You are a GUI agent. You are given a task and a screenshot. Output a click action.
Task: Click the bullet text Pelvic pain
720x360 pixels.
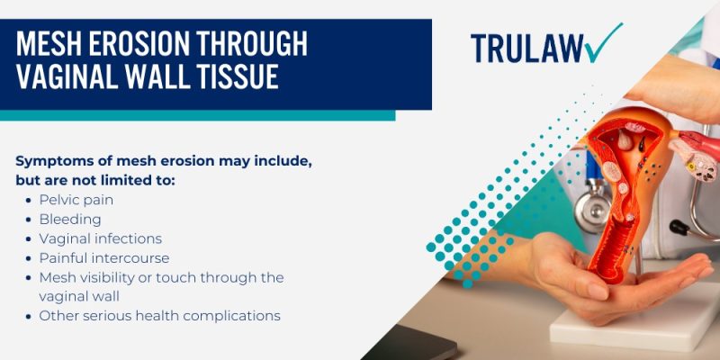point(76,199)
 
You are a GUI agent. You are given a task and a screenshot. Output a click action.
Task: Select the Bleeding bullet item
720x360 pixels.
point(70,219)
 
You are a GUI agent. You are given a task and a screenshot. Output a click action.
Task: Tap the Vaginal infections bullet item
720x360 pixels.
point(100,238)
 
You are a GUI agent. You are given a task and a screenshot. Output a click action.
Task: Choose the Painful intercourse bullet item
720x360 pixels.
point(103,258)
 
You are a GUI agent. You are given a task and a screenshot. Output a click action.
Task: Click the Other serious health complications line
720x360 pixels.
point(159,316)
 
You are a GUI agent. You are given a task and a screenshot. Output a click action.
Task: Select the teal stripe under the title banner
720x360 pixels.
point(197,115)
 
